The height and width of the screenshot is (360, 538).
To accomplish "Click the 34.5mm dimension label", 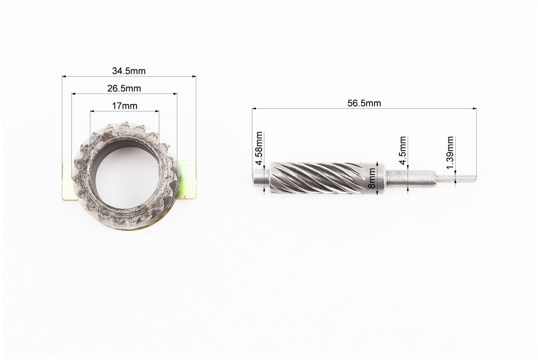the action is [x=129, y=71].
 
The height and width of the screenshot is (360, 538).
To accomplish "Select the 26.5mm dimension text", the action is [x=124, y=89].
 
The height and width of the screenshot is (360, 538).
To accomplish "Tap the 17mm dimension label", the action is [x=125, y=106].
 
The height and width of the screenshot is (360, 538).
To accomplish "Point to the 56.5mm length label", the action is [x=364, y=103].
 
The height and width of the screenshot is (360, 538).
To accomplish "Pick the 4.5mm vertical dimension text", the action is [x=402, y=151].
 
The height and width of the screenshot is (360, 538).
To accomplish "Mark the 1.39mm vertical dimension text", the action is [x=450, y=153].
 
